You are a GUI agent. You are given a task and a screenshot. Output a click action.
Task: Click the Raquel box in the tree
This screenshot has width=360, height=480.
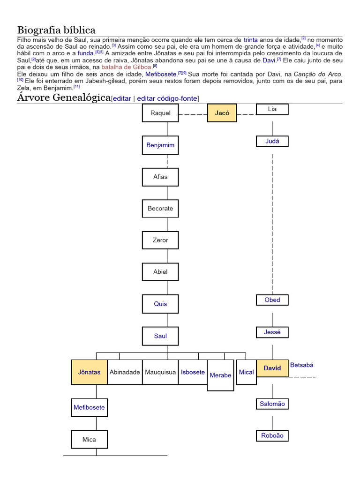pos(160,113)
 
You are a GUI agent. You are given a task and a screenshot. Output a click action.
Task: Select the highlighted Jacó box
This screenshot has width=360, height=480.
pos(222,113)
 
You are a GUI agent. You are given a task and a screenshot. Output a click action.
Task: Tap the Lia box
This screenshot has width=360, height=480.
pos(272,109)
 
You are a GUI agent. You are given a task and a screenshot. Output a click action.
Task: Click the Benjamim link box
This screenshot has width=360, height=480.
pos(160,145)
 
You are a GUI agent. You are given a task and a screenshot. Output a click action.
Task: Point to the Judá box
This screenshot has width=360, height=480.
pos(272,141)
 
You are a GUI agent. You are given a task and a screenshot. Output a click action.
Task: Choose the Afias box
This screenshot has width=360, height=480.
pos(160,177)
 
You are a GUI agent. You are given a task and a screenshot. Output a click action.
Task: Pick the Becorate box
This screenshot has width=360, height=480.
pos(160,209)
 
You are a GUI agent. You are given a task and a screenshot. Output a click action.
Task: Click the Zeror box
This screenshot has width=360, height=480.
pos(160,240)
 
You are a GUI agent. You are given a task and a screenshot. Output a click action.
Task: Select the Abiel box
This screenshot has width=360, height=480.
pos(160,272)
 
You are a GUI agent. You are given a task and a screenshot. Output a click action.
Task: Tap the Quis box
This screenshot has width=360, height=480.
pos(160,304)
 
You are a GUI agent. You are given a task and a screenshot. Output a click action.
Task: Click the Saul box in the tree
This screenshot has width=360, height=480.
pos(160,336)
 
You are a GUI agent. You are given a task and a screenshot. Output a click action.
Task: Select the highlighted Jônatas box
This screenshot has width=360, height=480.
pos(89,372)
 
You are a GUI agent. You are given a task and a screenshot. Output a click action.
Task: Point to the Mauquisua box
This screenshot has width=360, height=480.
pos(160,372)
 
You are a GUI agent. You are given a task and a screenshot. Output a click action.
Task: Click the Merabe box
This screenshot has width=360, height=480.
pos(220,375)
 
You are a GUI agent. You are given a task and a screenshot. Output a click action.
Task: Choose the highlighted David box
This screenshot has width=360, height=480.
pos(272,368)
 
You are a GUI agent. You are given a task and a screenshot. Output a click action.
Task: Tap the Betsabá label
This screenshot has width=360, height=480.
pos(302,365)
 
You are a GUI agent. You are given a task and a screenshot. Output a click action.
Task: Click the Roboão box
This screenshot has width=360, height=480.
pos(272,435)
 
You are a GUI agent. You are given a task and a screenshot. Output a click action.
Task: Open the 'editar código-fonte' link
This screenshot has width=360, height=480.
pos(167,98)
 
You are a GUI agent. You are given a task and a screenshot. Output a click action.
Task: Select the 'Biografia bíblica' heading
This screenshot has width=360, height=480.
pos(56,30)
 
